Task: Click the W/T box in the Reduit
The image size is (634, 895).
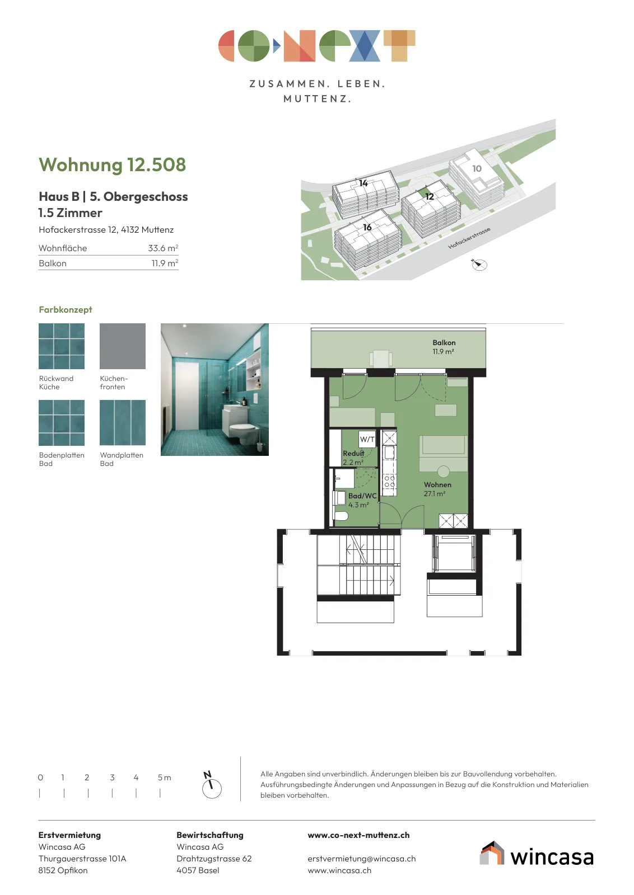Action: [367, 440]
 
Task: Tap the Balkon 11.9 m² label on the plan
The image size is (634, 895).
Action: [444, 347]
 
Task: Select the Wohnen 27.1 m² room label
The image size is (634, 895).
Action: [437, 489]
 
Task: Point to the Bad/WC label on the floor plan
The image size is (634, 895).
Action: [362, 496]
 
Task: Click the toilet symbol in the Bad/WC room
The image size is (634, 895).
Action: [341, 516]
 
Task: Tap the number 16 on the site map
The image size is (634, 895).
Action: [367, 227]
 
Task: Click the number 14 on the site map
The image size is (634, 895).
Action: [363, 183]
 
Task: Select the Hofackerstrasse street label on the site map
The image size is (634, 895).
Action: [469, 238]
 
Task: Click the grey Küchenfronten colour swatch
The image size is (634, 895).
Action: [123, 346]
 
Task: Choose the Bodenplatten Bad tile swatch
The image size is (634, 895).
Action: [62, 423]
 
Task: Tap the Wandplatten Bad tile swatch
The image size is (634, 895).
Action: [123, 423]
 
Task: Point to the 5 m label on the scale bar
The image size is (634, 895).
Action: [165, 778]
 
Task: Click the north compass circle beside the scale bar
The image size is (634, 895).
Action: [212, 789]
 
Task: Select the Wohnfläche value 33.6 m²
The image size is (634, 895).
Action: [163, 248]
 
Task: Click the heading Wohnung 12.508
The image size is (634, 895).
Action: [113, 165]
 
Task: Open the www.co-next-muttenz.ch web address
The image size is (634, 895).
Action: [358, 835]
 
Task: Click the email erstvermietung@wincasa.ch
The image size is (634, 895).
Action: [362, 859]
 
